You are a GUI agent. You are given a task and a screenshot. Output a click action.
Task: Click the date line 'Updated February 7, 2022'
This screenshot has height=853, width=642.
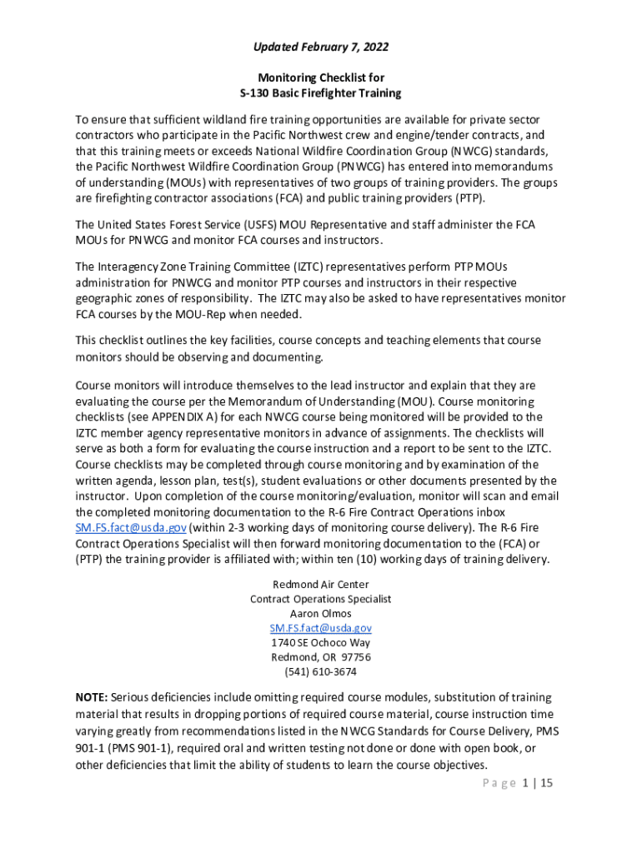point(320,47)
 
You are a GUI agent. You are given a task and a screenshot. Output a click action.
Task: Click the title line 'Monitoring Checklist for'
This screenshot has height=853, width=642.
point(320,77)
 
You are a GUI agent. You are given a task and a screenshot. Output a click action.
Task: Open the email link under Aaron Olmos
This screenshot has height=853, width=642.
point(320,628)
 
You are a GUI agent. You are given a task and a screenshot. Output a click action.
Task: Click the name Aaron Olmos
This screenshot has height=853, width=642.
point(320,614)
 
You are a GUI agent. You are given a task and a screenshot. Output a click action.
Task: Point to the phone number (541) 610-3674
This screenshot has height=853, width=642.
point(320,671)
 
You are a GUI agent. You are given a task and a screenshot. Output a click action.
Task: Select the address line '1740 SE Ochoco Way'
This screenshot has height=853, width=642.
point(320,642)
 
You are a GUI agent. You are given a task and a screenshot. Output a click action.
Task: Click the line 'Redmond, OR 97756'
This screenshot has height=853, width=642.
point(320,657)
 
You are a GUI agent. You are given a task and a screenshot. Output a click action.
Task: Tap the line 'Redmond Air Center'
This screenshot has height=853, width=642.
point(320,585)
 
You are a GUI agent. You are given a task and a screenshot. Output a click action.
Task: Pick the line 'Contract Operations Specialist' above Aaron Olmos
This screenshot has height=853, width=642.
point(320,599)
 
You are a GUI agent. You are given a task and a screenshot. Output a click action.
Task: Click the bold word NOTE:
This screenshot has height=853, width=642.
point(91,697)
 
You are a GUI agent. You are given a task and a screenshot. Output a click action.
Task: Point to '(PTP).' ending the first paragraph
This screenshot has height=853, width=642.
point(468,198)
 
